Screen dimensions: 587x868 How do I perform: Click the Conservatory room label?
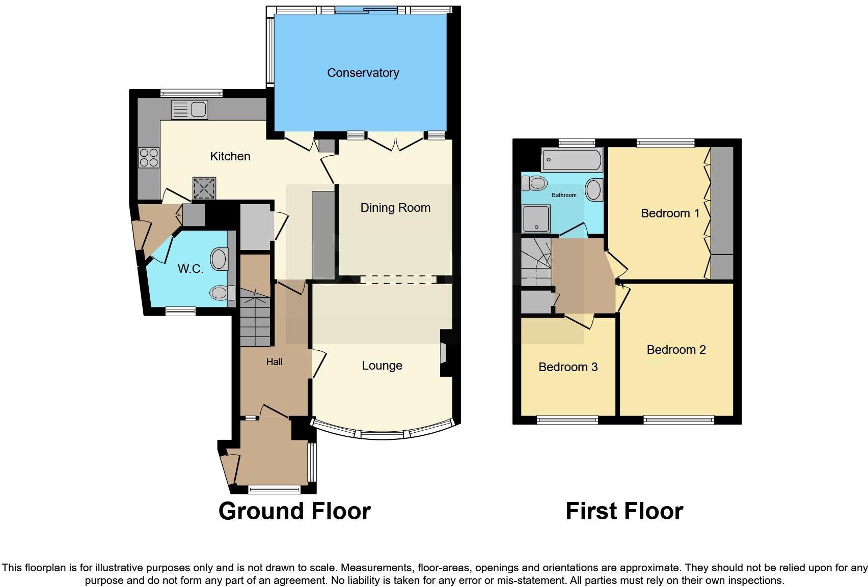click(x=363, y=73)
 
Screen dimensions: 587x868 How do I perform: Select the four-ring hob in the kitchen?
click(x=149, y=157)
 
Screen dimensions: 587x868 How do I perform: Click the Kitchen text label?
click(x=230, y=156)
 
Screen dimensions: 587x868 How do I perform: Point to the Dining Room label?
click(x=395, y=208)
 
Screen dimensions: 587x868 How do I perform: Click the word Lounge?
click(x=382, y=366)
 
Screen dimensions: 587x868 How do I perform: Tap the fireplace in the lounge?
click(x=443, y=353)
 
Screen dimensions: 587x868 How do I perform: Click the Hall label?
click(x=274, y=362)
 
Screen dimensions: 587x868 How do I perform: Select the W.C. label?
click(x=191, y=269)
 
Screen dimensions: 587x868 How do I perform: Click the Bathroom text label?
click(x=564, y=195)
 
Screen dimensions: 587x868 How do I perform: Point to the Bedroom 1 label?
click(x=670, y=213)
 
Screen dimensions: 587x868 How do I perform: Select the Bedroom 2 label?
click(x=676, y=350)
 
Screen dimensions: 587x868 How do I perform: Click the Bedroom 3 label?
click(x=568, y=367)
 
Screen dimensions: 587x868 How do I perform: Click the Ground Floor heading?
click(x=294, y=511)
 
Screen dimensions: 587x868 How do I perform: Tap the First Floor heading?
click(x=624, y=511)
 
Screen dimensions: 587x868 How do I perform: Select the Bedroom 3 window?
click(x=567, y=420)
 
